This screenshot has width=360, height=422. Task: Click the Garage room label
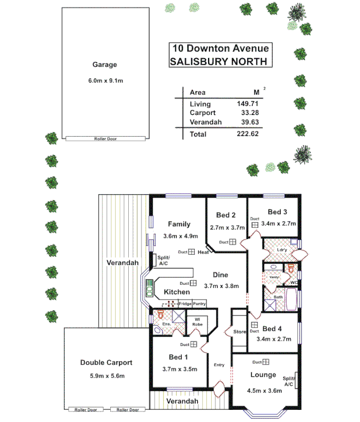(x=105, y=65)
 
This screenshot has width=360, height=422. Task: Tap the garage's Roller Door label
(x=105, y=139)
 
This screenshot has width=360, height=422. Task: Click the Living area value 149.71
(x=246, y=104)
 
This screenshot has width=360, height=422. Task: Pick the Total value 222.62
(x=246, y=134)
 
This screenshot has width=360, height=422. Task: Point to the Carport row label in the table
(x=203, y=113)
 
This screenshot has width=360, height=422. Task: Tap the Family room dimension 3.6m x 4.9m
(x=180, y=236)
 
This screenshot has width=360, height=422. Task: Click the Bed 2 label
(x=226, y=215)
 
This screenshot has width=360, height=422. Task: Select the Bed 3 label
(x=277, y=212)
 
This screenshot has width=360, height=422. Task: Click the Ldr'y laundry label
(x=282, y=250)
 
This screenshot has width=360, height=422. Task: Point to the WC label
(x=294, y=283)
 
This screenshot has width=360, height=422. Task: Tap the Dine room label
(x=220, y=275)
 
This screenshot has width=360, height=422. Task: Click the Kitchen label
(x=176, y=292)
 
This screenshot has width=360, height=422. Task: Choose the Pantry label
(x=199, y=303)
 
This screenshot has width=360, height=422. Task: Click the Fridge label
(x=185, y=303)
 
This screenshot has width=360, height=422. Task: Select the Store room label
(x=240, y=332)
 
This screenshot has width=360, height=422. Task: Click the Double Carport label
(x=106, y=362)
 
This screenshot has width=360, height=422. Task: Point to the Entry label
(x=219, y=365)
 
